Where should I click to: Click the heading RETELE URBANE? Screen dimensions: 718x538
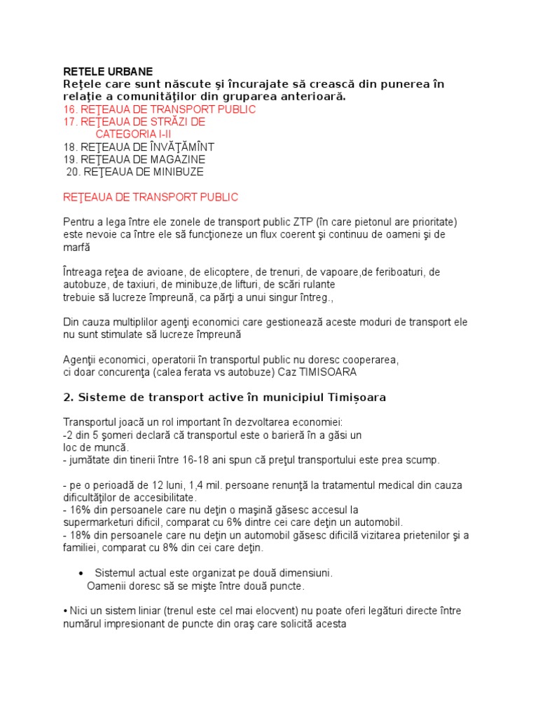pos(107,72)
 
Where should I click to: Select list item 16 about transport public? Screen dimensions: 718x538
pos(159,109)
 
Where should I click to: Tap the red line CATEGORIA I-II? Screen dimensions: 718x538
pos(133,134)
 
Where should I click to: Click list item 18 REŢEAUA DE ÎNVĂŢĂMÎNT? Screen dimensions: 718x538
pos(138,147)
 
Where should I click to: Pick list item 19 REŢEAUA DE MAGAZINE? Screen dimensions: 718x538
pos(134,159)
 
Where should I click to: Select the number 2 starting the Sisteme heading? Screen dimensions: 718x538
pos(67,398)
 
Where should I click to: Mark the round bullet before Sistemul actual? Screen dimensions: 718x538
pos(82,573)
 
